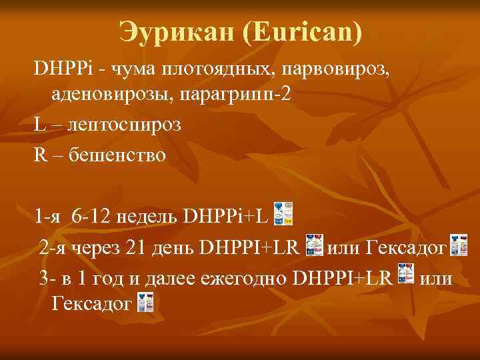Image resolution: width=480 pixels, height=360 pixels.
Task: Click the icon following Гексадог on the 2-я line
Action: pyautogui.click(x=459, y=245)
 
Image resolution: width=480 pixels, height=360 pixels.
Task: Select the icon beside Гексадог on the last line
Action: pyautogui.click(x=145, y=303)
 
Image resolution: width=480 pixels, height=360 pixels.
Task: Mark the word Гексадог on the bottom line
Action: pyautogui.click(x=91, y=305)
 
